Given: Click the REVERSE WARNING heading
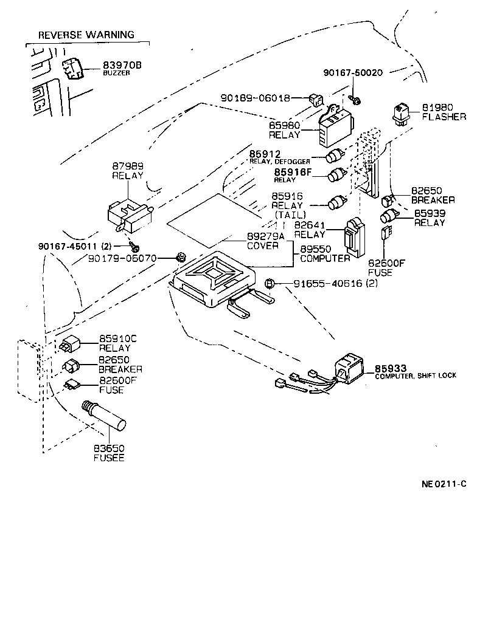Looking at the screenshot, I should (86, 35).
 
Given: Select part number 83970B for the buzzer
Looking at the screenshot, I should (122, 64).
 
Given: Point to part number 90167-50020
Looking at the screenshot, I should (353, 72).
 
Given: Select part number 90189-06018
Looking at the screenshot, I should (255, 97).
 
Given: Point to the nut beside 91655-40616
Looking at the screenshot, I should (271, 283).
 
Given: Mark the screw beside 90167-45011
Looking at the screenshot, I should (133, 247).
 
